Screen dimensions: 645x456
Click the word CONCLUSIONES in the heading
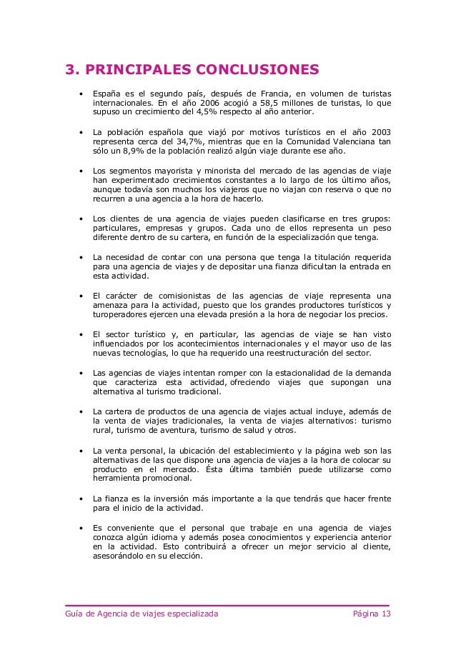click(x=252, y=70)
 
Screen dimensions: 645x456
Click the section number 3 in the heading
click(x=70, y=70)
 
